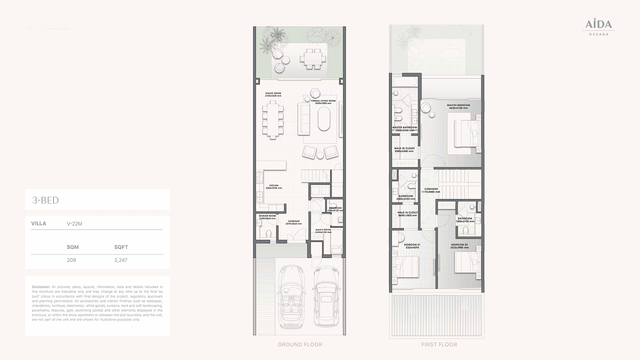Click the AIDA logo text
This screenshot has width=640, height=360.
point(598,24)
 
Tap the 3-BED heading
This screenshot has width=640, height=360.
point(45,200)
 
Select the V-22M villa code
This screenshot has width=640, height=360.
point(74,223)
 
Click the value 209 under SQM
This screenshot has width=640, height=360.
point(72,260)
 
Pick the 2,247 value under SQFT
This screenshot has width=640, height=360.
point(120,260)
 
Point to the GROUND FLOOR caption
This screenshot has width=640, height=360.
point(300,344)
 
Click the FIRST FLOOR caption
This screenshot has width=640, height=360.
point(439,344)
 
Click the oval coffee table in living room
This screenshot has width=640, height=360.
point(324,118)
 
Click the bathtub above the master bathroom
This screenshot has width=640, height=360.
point(405,81)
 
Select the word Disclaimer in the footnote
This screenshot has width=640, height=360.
point(40,287)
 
